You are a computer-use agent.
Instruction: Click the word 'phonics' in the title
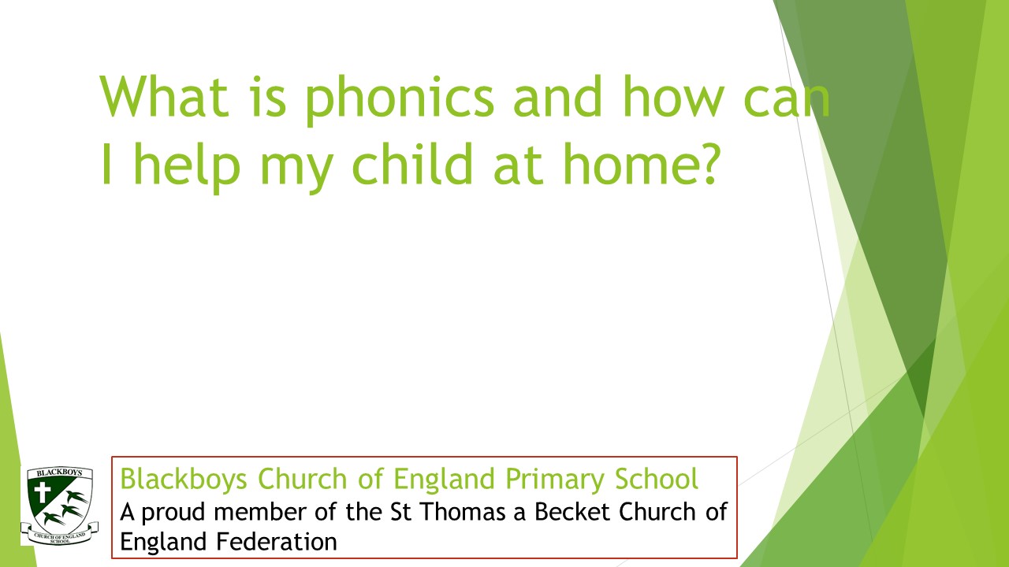click(400, 99)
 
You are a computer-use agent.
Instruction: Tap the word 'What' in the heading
click(163, 96)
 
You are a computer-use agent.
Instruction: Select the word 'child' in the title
click(412, 163)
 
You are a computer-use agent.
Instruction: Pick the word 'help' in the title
click(187, 168)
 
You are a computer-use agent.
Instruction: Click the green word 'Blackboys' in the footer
click(184, 479)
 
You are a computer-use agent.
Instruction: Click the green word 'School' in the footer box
click(657, 478)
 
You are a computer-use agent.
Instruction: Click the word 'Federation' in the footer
click(277, 541)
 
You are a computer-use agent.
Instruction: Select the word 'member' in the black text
click(260, 512)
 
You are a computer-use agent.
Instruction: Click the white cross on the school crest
click(43, 493)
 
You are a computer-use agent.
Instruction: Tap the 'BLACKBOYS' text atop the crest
click(59, 473)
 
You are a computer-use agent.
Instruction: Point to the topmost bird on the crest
click(77, 497)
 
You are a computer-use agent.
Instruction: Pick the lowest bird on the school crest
click(54, 519)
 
